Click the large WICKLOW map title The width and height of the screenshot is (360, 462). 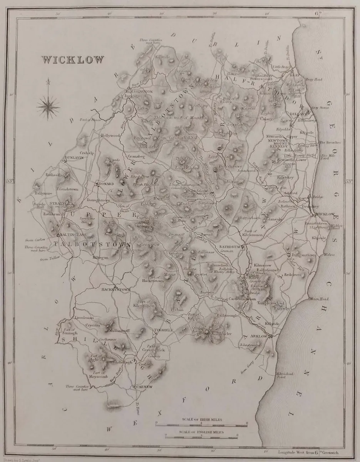pos(73,60)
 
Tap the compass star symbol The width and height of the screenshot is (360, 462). pos(49,104)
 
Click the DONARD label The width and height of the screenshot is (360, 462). pos(107,184)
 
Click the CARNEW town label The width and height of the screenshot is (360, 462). pos(143,386)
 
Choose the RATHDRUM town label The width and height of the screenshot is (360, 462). pos(229,246)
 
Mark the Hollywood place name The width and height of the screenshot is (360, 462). pos(110,136)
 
